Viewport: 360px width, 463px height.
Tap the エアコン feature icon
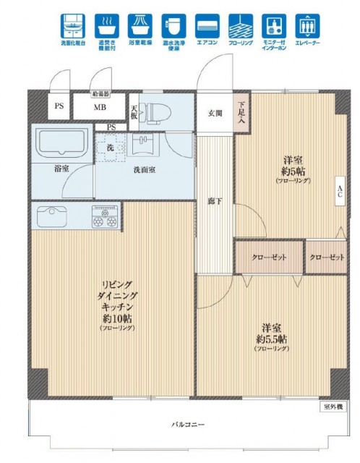pyautogui.click(x=207, y=26)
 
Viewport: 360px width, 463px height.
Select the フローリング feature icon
pyautogui.click(x=241, y=26)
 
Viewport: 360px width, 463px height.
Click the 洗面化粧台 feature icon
pyautogui.click(x=72, y=26)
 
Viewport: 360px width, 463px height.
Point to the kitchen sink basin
pyautogui.click(x=51, y=216)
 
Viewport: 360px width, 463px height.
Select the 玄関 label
pyautogui.click(x=215, y=112)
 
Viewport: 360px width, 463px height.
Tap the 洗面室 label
pyautogui.click(x=145, y=171)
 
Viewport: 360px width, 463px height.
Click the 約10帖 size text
pyautogui.click(x=111, y=318)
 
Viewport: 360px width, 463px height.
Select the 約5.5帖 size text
pyautogui.click(x=271, y=339)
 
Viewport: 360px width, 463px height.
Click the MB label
pyautogui.click(x=100, y=109)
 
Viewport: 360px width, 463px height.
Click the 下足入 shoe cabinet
pyautogui.click(x=241, y=112)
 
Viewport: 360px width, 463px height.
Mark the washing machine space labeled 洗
pyautogui.click(x=111, y=148)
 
